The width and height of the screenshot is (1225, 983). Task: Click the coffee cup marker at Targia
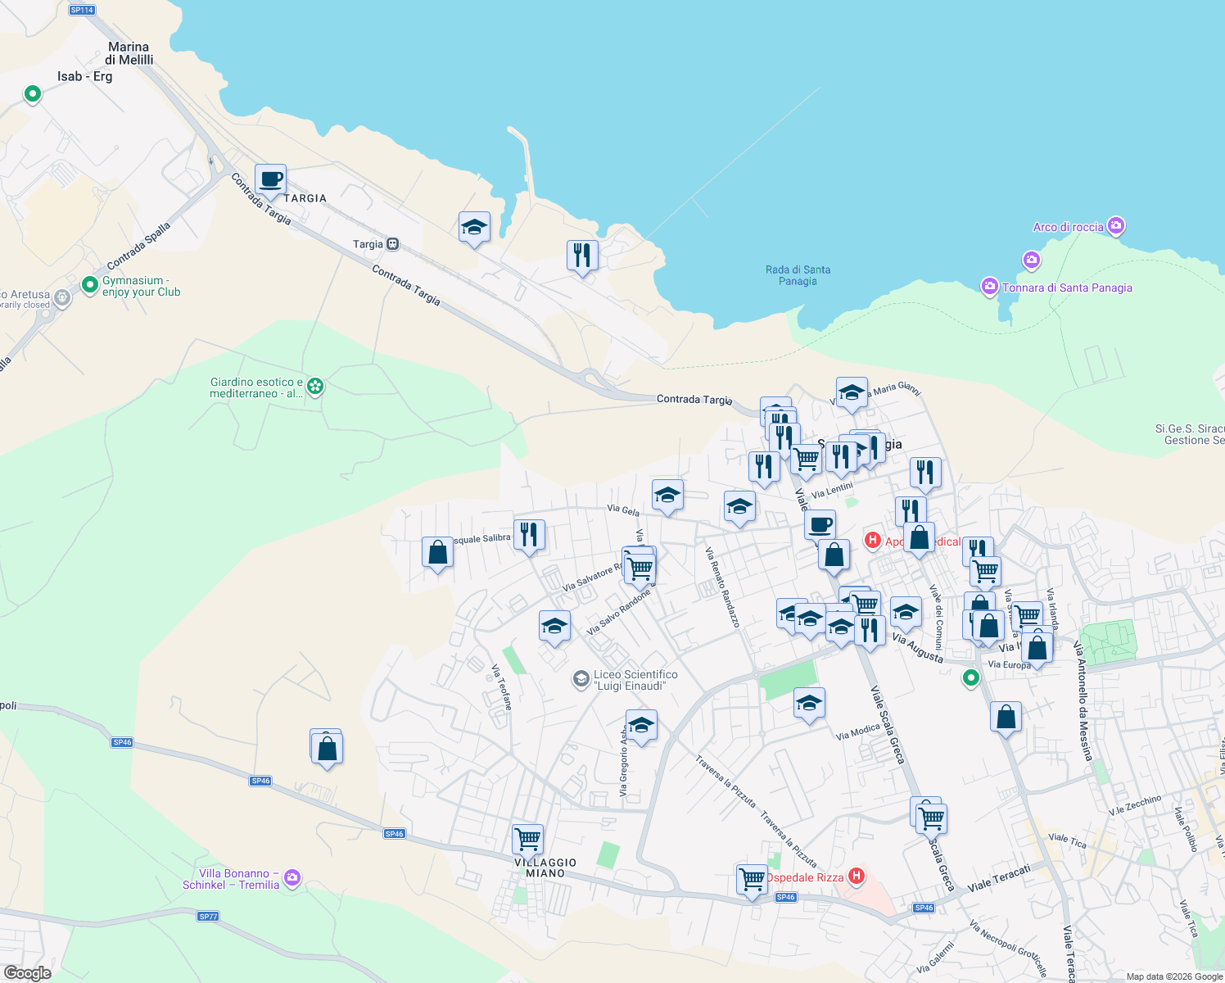coord(270,179)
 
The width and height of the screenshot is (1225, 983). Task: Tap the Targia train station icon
coord(393,244)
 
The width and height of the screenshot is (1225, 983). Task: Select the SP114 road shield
coord(82,10)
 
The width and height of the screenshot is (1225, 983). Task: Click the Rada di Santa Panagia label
coord(798,275)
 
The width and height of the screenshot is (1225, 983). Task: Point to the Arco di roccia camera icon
coord(1115,225)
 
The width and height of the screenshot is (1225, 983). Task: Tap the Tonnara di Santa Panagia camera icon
coord(989,287)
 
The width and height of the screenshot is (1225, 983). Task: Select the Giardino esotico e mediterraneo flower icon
coord(315,386)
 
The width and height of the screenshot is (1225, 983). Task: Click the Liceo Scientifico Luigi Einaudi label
coord(635,680)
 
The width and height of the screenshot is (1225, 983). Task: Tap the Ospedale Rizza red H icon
coord(857,877)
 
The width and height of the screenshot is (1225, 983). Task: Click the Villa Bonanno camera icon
coord(292,878)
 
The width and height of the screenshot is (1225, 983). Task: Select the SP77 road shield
coord(208,916)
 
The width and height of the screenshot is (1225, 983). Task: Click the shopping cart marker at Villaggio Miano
coord(527,839)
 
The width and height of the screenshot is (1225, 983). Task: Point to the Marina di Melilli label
coord(129,53)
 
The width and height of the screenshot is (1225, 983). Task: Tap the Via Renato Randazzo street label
coord(722,588)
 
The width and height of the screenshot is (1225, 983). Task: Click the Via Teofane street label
coord(501,686)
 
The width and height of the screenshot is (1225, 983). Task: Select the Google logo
coord(28,972)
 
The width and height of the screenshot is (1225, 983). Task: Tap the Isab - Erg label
coord(85,76)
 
